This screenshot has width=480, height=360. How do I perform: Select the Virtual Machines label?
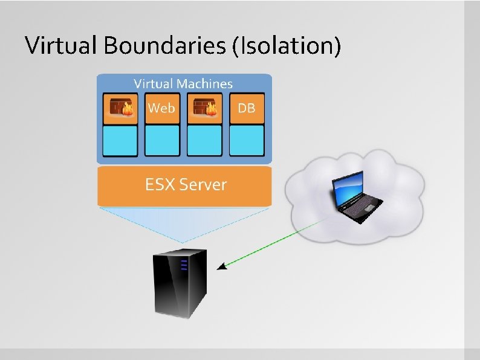(x=183, y=84)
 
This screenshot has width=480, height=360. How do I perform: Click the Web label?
(x=161, y=108)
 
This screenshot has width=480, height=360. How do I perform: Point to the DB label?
(x=246, y=109)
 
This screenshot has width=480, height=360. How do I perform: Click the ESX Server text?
(x=186, y=184)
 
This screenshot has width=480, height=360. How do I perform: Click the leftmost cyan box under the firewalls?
(x=120, y=140)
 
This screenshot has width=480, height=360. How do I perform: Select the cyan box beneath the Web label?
(x=162, y=140)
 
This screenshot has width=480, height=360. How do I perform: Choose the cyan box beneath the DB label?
(x=247, y=140)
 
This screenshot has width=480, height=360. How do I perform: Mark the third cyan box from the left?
(x=204, y=140)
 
